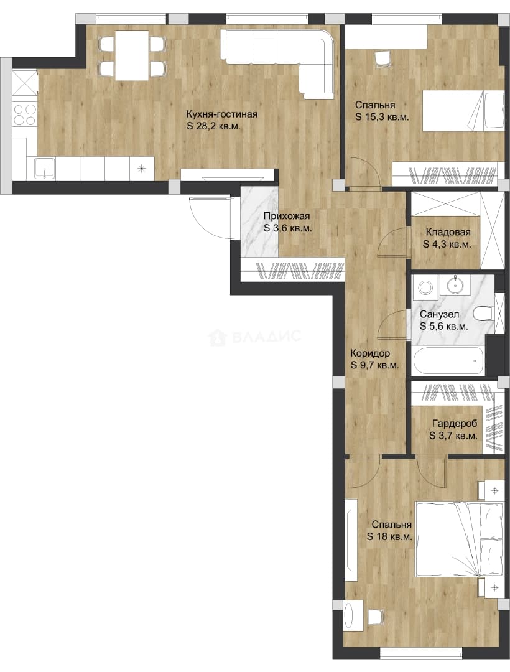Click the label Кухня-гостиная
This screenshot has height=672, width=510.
click(222, 114)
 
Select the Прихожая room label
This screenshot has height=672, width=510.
click(286, 217)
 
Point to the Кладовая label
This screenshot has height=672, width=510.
click(448, 232)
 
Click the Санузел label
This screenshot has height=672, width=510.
click(439, 315)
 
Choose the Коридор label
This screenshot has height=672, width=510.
click(370, 353)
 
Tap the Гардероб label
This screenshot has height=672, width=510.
click(454, 424)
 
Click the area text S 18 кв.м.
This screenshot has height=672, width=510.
click(389, 536)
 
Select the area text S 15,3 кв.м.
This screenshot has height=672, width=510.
click(382, 117)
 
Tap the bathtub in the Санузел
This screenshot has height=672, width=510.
click(448, 361)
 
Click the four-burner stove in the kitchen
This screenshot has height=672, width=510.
click(24, 115)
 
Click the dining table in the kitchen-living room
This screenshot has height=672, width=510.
click(132, 55)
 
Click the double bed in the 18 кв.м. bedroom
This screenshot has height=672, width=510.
click(460, 539)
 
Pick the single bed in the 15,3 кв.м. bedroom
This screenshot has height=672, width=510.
click(463, 110)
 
